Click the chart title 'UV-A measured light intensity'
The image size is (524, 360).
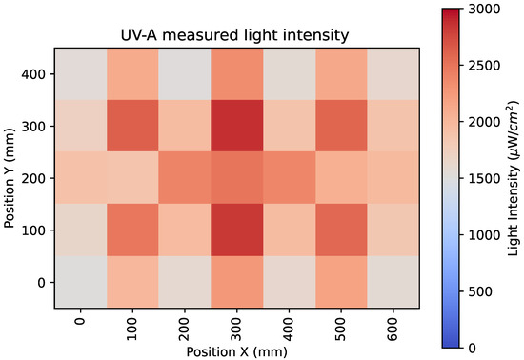pos(237,35)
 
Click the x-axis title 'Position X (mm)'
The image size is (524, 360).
pos(237,351)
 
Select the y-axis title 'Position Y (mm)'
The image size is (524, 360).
pos(11,178)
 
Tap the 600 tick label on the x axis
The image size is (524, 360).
pos(393,328)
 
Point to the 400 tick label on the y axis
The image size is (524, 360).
pos(35,72)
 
